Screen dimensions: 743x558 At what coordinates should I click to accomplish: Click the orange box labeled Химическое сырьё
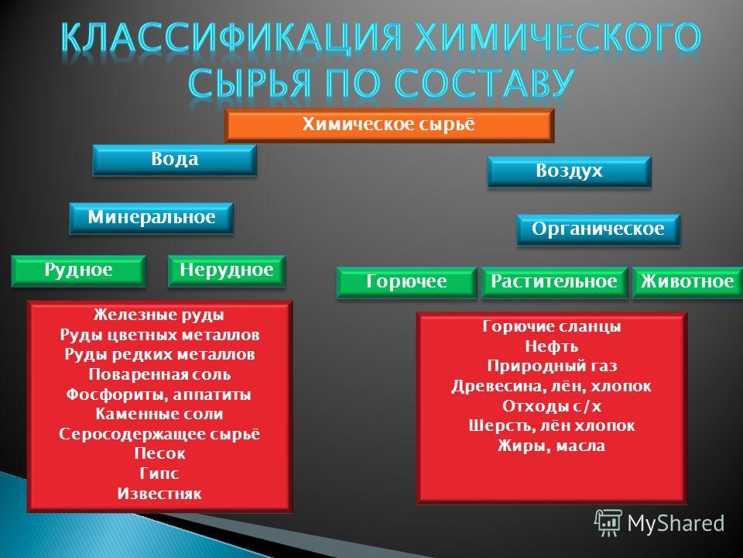(x=389, y=126)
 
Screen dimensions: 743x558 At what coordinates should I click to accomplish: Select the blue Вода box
(x=174, y=160)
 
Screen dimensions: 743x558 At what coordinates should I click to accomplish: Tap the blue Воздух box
(x=569, y=171)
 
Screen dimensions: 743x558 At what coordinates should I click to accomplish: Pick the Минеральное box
(x=151, y=219)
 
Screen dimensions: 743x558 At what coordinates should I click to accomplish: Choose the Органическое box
(x=598, y=229)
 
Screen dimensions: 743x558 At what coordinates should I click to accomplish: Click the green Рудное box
(x=78, y=271)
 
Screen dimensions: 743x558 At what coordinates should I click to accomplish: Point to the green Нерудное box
(x=227, y=271)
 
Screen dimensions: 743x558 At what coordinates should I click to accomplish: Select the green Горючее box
(x=406, y=282)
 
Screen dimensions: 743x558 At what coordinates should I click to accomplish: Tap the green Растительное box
(x=554, y=282)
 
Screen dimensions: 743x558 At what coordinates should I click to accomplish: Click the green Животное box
(x=687, y=282)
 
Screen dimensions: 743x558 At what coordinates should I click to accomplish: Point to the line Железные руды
(x=159, y=315)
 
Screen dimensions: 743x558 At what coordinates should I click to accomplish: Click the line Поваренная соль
(x=159, y=374)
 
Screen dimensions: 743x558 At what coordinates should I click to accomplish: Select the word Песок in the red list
(x=159, y=453)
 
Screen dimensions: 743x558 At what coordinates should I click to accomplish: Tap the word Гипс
(x=159, y=474)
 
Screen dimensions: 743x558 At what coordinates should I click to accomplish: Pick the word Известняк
(x=159, y=494)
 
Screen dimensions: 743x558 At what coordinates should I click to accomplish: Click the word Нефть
(x=552, y=346)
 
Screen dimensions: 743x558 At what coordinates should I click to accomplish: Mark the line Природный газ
(x=552, y=367)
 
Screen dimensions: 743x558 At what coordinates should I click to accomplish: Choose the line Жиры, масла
(x=552, y=446)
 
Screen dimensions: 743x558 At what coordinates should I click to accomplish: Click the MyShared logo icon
(x=608, y=523)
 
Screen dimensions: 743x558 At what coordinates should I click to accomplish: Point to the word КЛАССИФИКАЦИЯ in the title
(x=231, y=37)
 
